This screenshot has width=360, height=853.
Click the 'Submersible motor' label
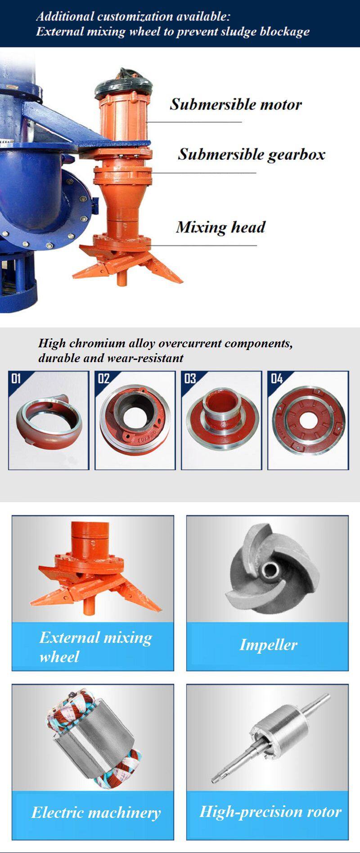[x=235, y=104]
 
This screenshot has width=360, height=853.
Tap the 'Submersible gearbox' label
[x=251, y=154]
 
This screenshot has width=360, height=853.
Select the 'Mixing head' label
[x=220, y=227]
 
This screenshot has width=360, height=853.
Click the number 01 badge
[x=16, y=378]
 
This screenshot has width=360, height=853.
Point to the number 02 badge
[x=103, y=378]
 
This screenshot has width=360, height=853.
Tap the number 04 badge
[x=277, y=378]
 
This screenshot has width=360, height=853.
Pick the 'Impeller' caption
[x=268, y=645]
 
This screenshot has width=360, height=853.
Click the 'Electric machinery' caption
[x=96, y=813]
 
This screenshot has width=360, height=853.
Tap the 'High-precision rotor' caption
[x=270, y=812]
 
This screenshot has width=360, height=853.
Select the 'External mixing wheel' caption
[x=95, y=647]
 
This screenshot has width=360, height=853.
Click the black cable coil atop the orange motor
[x=125, y=82]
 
